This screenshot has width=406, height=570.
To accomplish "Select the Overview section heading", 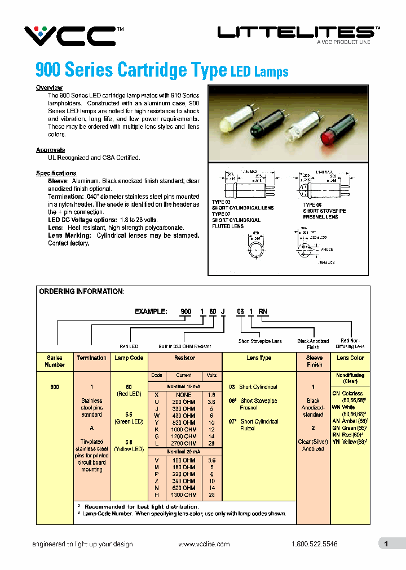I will [x=49, y=88].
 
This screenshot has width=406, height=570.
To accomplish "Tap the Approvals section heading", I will [x=50, y=150].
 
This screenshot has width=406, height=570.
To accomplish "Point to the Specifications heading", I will [x=56, y=173].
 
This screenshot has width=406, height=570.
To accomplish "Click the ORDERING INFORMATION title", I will [x=81, y=292].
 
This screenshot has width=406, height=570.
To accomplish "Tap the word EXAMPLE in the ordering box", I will [x=151, y=311].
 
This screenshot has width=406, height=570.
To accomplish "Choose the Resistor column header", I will [x=185, y=358].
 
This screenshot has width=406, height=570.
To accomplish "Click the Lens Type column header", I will [x=259, y=358].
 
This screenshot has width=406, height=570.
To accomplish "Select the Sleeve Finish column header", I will [x=314, y=361].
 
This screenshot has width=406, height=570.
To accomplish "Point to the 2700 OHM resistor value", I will [x=185, y=443].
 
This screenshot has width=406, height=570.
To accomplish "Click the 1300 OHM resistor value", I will [x=185, y=495].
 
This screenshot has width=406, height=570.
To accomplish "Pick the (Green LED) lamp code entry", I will [x=129, y=435].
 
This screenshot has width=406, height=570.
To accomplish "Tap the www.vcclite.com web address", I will [x=204, y=544].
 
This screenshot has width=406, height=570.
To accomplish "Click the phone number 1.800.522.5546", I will [x=315, y=544].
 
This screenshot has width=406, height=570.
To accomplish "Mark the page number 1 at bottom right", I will [x=386, y=544].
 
